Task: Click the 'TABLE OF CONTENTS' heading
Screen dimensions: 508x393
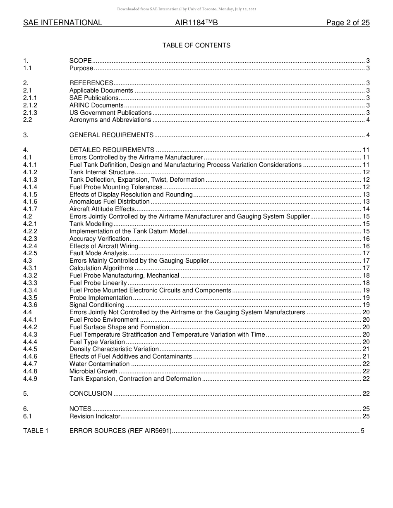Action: click(x=196, y=45)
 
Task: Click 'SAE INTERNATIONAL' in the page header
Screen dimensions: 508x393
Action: click(x=62, y=23)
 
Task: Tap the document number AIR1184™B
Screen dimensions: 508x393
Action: click(x=196, y=23)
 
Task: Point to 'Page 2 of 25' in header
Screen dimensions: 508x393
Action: click(x=347, y=23)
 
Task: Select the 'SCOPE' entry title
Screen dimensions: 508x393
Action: click(x=80, y=61)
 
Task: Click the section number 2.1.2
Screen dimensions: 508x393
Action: click(x=30, y=105)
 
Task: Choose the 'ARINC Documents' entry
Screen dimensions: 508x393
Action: click(x=96, y=105)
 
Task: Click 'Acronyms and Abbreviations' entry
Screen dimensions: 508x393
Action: click(x=110, y=120)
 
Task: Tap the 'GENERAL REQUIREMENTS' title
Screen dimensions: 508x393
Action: click(x=111, y=135)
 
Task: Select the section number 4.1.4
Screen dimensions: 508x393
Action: click(x=30, y=187)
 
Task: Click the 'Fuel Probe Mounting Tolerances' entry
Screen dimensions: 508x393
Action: click(x=116, y=187)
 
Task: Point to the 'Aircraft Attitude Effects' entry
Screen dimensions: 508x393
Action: click(x=102, y=209)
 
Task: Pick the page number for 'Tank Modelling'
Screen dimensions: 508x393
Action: click(x=366, y=224)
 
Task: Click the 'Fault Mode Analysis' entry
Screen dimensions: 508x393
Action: click(x=98, y=253)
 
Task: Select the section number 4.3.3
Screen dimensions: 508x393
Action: click(x=30, y=283)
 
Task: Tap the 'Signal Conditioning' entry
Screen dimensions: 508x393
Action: click(x=97, y=305)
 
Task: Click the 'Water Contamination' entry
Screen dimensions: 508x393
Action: click(x=99, y=364)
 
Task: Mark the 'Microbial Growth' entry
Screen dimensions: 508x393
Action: click(x=93, y=371)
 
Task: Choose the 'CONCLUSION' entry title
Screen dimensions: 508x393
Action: click(x=91, y=394)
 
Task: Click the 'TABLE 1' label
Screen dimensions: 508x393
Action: click(x=36, y=431)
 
